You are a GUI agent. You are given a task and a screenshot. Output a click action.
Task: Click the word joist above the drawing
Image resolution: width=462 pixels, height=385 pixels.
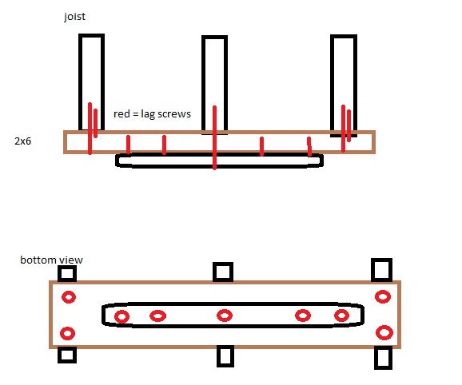[x=74, y=17]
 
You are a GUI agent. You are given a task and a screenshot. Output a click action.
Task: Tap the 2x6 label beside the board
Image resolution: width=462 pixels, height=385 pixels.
[x=22, y=141]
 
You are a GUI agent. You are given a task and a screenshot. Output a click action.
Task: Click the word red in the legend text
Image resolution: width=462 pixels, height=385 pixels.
[x=121, y=113]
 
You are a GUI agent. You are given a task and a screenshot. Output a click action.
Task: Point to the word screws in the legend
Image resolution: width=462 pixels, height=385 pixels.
[x=174, y=114]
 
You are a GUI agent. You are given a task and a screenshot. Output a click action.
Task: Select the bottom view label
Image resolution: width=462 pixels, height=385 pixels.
[x=52, y=260]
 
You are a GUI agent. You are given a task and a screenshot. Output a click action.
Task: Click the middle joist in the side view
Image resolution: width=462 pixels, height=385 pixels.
[x=202, y=85]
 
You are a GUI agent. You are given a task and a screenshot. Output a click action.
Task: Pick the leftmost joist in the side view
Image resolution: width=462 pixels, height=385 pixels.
[x=79, y=81]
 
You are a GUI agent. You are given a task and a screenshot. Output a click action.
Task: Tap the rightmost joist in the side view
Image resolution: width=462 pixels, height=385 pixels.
[x=331, y=85]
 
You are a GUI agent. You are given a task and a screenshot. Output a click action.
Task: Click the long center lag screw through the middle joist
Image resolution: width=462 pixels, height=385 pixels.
[x=214, y=137]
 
